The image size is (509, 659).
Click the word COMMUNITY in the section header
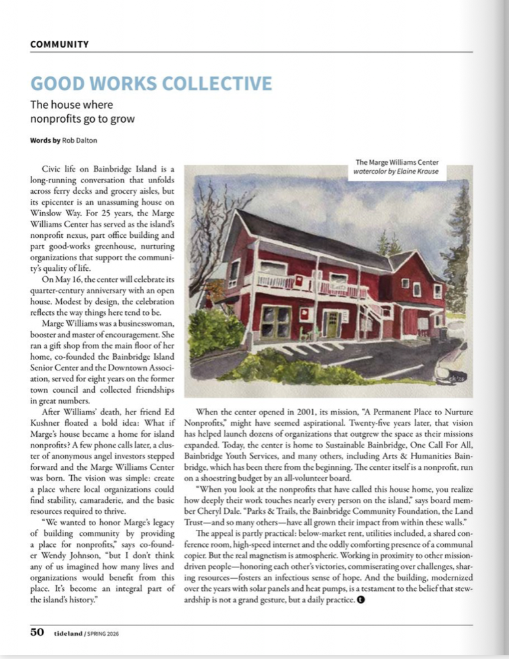(x=59, y=44)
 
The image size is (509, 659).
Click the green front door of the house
(x=333, y=324)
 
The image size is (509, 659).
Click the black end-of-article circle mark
(x=361, y=600)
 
